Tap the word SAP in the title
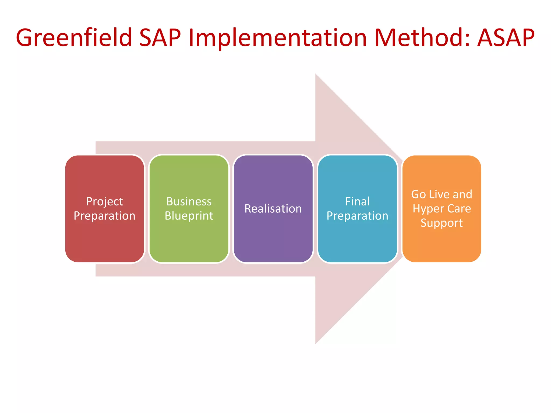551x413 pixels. click(160, 38)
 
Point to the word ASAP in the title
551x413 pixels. click(506, 38)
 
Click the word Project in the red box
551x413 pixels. click(104, 202)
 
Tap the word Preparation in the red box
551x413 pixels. click(104, 216)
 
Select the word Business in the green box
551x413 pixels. click(189, 202)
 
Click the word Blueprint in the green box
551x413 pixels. click(189, 216)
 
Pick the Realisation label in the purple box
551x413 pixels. click(273, 209)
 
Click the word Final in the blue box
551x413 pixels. click(357, 202)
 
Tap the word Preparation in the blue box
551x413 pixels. click(357, 216)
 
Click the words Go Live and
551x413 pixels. click(441, 194)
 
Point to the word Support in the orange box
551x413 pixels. click(441, 223)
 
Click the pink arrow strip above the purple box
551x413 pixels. click(273, 148)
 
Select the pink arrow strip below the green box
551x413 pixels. click(189, 270)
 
